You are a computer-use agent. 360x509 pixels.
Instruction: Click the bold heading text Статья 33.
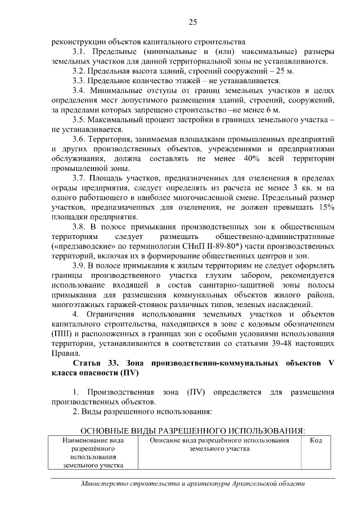click(x=93, y=363)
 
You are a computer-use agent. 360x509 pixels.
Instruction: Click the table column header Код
click(x=316, y=440)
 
